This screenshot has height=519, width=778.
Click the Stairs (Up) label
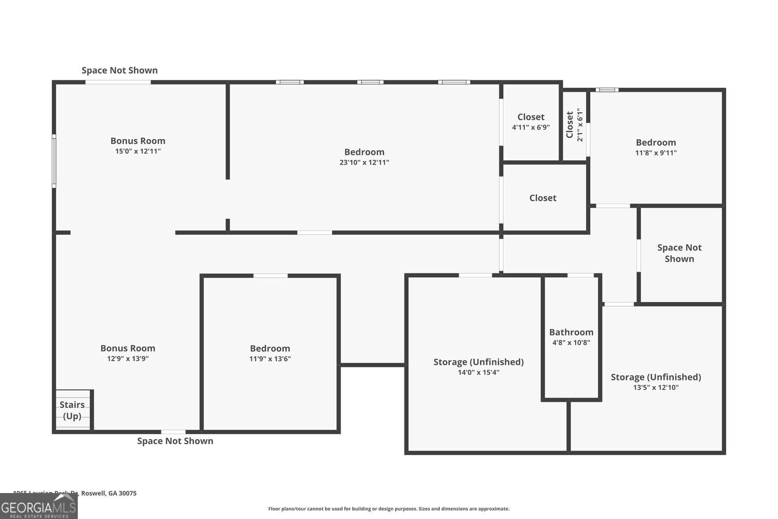pyautogui.click(x=72, y=410)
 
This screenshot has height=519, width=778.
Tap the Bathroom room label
pyautogui.click(x=571, y=332)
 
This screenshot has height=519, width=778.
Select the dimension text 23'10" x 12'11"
pyautogui.click(x=364, y=162)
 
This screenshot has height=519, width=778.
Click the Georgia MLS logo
pyautogui.click(x=38, y=507)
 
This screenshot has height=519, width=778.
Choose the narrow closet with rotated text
pyautogui.click(x=574, y=125)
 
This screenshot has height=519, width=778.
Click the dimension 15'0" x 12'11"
pyautogui.click(x=138, y=152)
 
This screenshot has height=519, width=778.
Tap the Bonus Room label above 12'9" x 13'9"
pyautogui.click(x=128, y=348)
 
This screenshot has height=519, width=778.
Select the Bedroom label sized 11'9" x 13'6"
pyautogui.click(x=270, y=348)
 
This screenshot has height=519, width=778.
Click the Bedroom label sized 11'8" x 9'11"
pyautogui.click(x=656, y=142)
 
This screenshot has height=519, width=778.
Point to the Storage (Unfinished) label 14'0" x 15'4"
pyautogui.click(x=478, y=362)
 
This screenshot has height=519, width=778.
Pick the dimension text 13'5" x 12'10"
pyautogui.click(x=656, y=388)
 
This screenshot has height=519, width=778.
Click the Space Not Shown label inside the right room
pyautogui.click(x=679, y=253)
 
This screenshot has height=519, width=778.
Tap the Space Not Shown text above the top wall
pyautogui.click(x=119, y=70)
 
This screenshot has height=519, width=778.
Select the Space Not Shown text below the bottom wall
pyautogui.click(x=175, y=441)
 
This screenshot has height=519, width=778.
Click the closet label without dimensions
pyautogui.click(x=543, y=198)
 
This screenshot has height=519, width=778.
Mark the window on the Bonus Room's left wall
pyautogui.click(x=54, y=161)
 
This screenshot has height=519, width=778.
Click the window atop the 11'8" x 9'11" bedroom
pyautogui.click(x=606, y=90)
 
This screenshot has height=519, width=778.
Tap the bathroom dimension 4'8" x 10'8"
pyautogui.click(x=571, y=343)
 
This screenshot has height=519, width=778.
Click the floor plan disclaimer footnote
pyautogui.click(x=388, y=509)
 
